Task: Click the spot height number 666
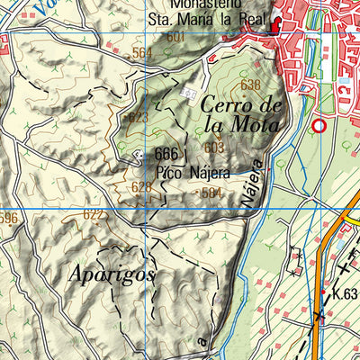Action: pyautogui.click(x=166, y=154)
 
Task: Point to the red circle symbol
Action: pyautogui.click(x=318, y=126)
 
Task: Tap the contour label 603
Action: pyautogui.click(x=214, y=148)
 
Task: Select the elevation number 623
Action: pyautogui.click(x=138, y=118)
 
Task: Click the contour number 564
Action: pyautogui.click(x=142, y=53)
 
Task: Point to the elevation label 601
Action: pyautogui.click(x=175, y=37)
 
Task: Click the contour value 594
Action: pyautogui.click(x=211, y=193)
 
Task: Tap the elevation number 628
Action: pyautogui.click(x=141, y=186)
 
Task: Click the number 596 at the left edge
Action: pyautogui.click(x=8, y=218)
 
